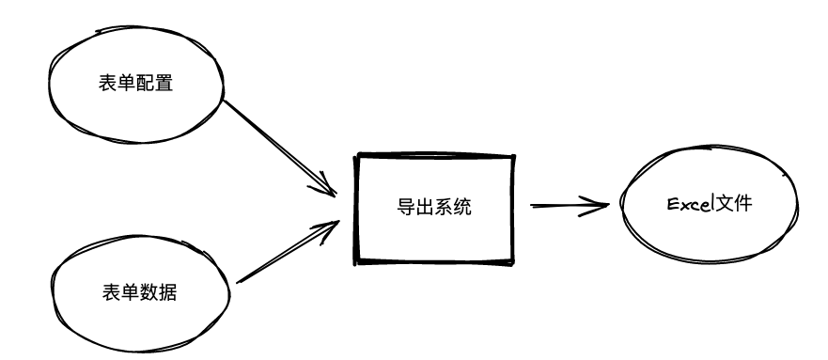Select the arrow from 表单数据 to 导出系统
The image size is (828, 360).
[x=282, y=254]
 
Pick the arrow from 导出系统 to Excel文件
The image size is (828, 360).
[x=569, y=204]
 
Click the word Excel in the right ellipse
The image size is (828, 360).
[x=686, y=204]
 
